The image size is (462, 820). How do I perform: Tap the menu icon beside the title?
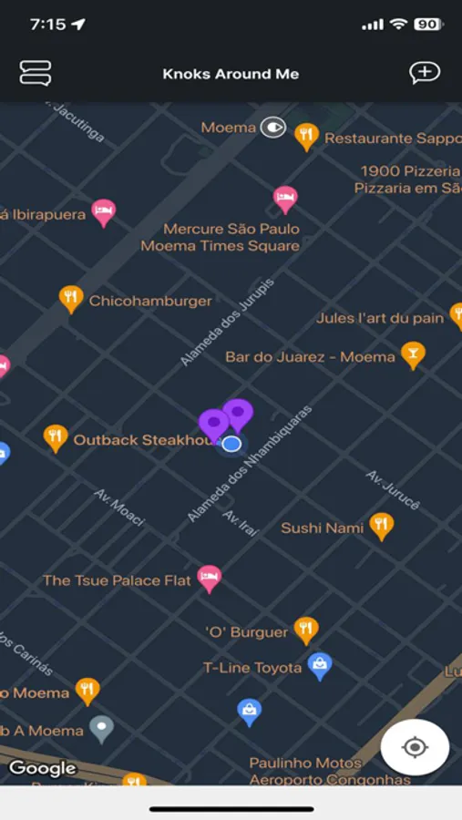pos(35,73)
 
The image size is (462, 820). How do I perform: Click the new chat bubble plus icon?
pos(425,73)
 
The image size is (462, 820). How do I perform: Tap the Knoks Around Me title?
pos(231,74)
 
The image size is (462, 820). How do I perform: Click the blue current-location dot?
pos(231,444)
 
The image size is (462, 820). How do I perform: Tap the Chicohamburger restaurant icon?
pos(71,298)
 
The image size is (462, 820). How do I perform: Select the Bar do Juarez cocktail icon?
pos(413,354)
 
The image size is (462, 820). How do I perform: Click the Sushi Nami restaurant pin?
pos(381,526)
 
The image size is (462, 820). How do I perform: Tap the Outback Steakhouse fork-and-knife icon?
pos(56,438)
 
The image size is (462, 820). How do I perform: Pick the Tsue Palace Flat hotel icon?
pos(210,578)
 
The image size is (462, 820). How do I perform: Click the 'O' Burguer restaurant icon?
pos(306,630)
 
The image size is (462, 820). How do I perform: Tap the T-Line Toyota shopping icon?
pos(319,666)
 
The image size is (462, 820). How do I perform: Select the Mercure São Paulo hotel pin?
pos(286,199)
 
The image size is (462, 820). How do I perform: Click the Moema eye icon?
pos(272,128)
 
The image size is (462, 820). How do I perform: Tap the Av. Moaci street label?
pos(119,507)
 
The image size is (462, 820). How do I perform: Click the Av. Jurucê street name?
pos(393,489)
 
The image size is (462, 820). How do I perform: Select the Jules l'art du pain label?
pos(380,318)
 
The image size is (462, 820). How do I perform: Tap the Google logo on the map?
pos(42,768)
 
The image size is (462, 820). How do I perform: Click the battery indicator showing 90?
pos(426,25)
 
